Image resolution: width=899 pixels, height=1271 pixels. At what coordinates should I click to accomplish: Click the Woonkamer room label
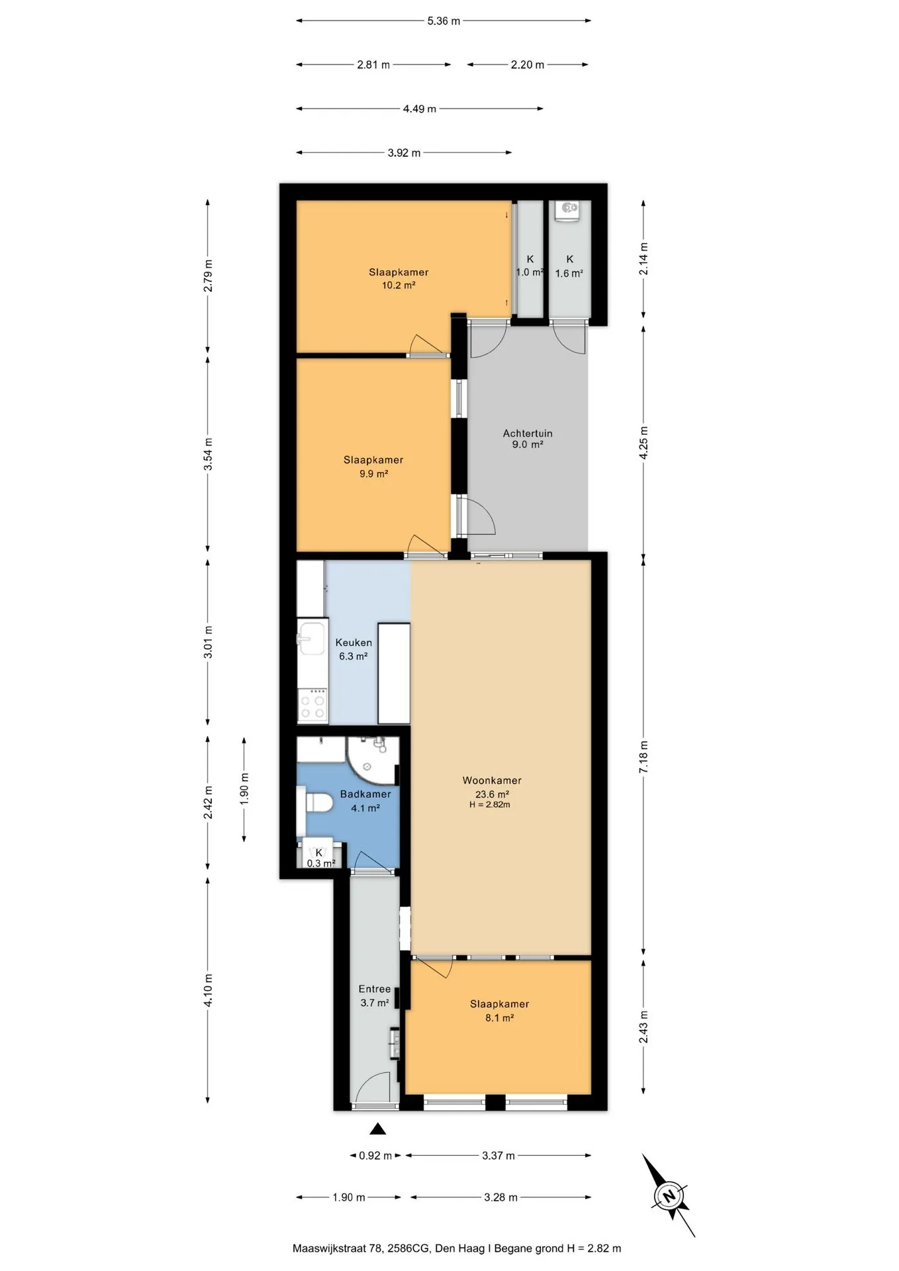[x=492, y=780]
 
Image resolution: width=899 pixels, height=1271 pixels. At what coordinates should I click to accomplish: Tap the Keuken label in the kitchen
[x=354, y=642]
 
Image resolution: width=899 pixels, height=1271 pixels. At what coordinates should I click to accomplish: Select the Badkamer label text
[x=365, y=794]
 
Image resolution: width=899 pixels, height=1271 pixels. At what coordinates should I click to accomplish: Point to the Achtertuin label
[x=528, y=433]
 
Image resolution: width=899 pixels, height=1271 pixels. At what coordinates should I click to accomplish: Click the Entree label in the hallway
[x=375, y=988]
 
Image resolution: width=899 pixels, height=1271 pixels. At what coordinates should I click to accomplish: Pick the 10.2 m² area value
[x=399, y=285]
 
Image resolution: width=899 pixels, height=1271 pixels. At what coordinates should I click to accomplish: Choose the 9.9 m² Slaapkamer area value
[x=373, y=473]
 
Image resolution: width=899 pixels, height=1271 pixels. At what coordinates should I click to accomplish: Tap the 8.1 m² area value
[x=500, y=1017]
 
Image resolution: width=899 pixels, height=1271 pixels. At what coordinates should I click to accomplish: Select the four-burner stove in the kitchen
[x=312, y=704]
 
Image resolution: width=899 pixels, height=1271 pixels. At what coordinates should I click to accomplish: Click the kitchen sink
[x=311, y=638]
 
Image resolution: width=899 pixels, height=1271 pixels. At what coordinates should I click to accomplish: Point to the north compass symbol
[x=669, y=1196]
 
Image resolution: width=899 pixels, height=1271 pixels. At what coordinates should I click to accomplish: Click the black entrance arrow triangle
[x=377, y=1129]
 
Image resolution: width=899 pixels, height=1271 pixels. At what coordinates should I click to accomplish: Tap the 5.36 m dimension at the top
[x=444, y=21]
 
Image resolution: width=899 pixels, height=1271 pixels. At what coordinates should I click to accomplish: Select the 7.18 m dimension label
[x=643, y=757]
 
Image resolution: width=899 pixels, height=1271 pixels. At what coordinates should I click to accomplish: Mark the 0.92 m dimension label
[x=375, y=1155]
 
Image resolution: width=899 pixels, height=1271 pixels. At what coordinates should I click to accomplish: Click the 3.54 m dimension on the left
[x=208, y=454]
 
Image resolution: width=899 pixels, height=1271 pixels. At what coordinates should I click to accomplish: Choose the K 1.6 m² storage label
[x=569, y=266]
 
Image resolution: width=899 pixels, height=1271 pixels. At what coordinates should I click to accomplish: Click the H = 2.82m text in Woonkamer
[x=490, y=805]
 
